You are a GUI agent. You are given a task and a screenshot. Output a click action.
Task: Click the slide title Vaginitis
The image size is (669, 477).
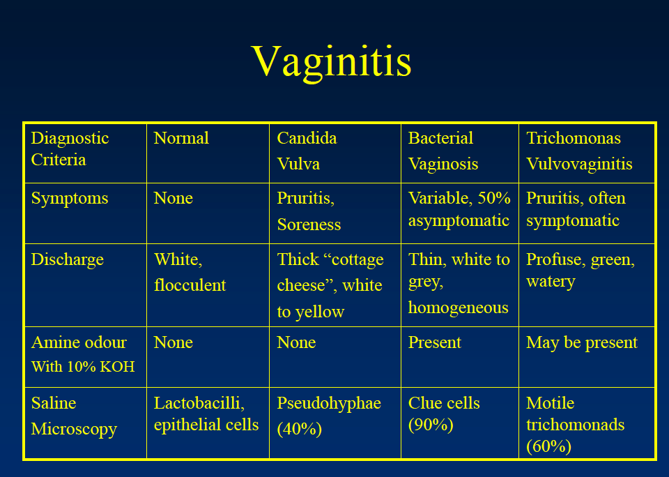tap(332, 61)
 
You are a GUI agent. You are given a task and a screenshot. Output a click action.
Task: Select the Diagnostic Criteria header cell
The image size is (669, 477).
tap(70, 149)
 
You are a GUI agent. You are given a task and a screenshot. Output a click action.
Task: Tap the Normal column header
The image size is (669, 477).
tap(181, 138)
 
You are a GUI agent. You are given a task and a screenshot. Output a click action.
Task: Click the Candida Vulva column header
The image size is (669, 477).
tap(307, 151)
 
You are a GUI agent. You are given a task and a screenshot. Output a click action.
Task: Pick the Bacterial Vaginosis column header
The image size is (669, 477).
tap(443, 151)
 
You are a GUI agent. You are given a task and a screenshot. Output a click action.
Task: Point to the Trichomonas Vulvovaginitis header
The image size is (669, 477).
tap(579, 151)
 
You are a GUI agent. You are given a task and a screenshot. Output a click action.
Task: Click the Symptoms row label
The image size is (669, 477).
tap(70, 198)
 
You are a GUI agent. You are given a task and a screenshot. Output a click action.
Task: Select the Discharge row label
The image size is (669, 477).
tap(68, 259)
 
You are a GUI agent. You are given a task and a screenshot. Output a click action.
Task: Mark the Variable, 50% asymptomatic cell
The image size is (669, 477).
tap(459, 209)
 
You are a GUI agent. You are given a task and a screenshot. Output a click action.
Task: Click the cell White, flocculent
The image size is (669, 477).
tap(190, 272)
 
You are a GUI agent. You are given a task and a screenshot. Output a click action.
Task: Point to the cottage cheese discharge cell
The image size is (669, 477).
tap(330, 285)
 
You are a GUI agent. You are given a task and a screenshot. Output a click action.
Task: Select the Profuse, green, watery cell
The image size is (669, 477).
tap(580, 271)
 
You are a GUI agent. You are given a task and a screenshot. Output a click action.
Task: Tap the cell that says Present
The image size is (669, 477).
tap(435, 342)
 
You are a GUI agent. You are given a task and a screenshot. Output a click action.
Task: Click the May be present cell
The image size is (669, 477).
tap(582, 342)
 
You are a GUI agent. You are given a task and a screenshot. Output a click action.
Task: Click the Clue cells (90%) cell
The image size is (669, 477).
tap(444, 414)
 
